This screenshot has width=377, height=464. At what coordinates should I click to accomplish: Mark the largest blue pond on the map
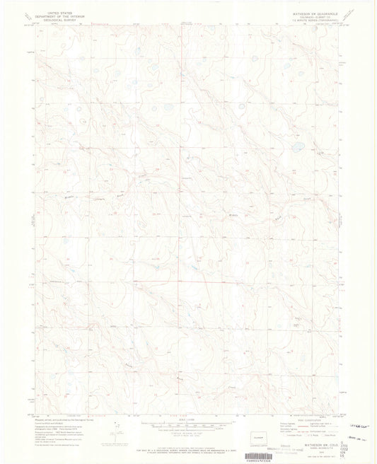click(x=299, y=147)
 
